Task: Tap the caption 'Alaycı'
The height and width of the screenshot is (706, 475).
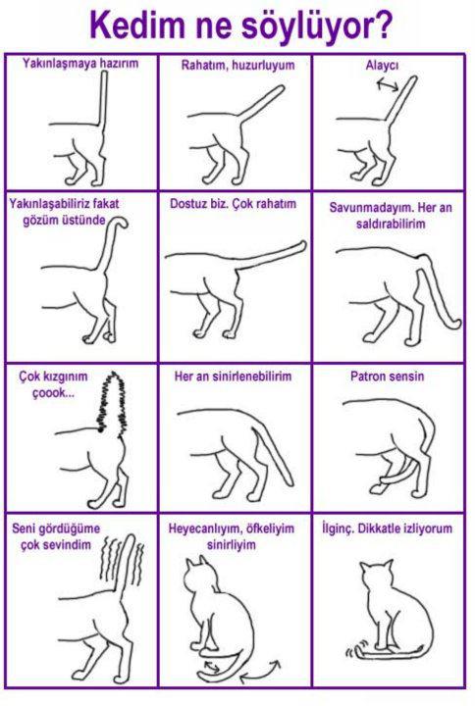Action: [382, 66]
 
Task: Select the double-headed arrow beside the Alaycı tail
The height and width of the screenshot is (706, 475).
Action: [388, 84]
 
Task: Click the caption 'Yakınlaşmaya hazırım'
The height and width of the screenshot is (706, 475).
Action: [80, 63]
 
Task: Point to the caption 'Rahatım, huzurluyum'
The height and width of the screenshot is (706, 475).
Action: [237, 66]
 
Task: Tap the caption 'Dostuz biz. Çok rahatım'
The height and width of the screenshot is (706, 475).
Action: [233, 204]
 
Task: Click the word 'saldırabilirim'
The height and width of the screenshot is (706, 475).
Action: [391, 224]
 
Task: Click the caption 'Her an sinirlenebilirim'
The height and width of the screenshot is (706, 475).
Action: [233, 376]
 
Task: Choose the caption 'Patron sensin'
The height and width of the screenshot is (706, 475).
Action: [387, 376]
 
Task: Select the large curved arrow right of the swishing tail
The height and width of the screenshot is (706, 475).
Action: [260, 672]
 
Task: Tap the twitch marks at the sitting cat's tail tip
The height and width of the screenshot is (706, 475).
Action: [349, 651]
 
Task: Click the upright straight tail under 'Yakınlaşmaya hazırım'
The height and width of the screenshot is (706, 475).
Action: [104, 99]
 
